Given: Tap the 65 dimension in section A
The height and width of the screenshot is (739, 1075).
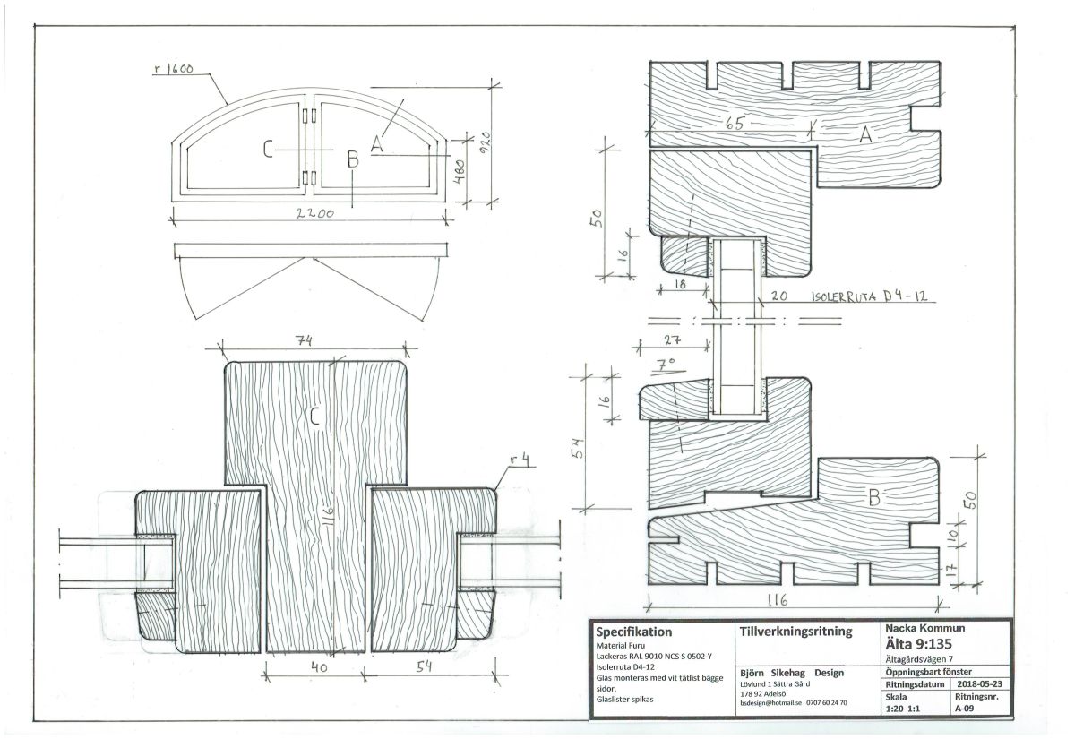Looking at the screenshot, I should [737, 125].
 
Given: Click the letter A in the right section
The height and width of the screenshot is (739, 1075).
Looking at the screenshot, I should [865, 134].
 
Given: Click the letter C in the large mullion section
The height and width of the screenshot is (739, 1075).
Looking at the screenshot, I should [314, 415].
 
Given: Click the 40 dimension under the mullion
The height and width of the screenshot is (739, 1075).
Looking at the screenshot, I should [316, 668].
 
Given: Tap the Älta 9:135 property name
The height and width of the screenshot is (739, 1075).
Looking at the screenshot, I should [920, 646].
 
